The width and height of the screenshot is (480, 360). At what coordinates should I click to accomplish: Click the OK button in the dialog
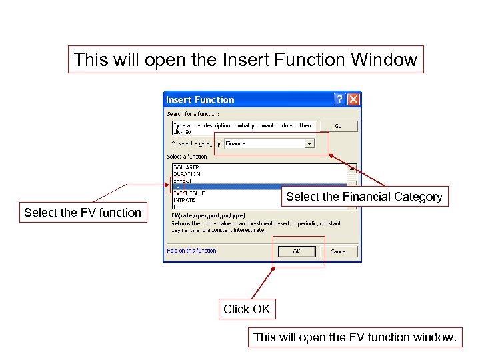pyautogui.click(x=296, y=251)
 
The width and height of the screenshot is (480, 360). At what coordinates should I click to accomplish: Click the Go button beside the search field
pyautogui.click(x=337, y=125)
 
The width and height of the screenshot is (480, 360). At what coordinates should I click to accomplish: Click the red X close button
pyautogui.click(x=353, y=99)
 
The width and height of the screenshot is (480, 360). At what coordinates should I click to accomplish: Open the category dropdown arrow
pyautogui.click(x=309, y=143)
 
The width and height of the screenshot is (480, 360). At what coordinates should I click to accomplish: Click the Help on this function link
pyautogui.click(x=191, y=251)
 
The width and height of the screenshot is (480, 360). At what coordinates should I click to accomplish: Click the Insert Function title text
pyautogui.click(x=200, y=100)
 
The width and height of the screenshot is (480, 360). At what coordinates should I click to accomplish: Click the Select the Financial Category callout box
pyautogui.click(x=364, y=197)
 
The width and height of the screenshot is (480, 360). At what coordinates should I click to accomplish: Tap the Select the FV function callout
pyautogui.click(x=83, y=213)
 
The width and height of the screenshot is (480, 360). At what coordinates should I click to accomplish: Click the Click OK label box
pyautogui.click(x=247, y=309)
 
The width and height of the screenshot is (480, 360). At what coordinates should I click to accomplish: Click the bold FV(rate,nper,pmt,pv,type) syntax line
pyautogui.click(x=208, y=216)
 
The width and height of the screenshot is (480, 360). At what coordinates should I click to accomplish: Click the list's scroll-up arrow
pyautogui.click(x=351, y=168)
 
